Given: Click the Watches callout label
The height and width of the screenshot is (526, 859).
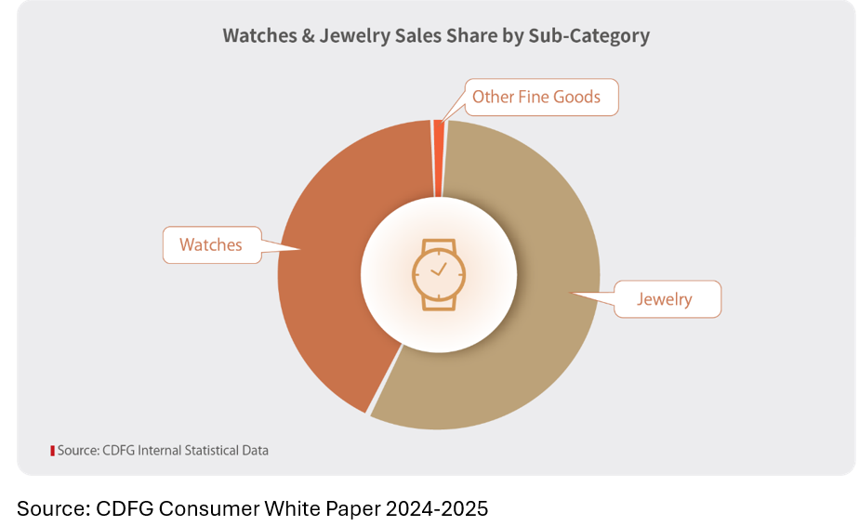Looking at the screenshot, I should [211, 245].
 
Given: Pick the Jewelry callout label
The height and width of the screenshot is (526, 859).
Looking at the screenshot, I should [665, 299].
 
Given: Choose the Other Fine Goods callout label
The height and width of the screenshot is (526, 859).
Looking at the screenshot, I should [536, 97].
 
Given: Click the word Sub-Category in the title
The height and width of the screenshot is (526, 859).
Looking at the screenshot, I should [588, 36].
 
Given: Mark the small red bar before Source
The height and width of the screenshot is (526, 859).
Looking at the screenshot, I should [52, 451].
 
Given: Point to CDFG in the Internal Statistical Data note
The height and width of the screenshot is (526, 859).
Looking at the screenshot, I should [117, 451].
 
